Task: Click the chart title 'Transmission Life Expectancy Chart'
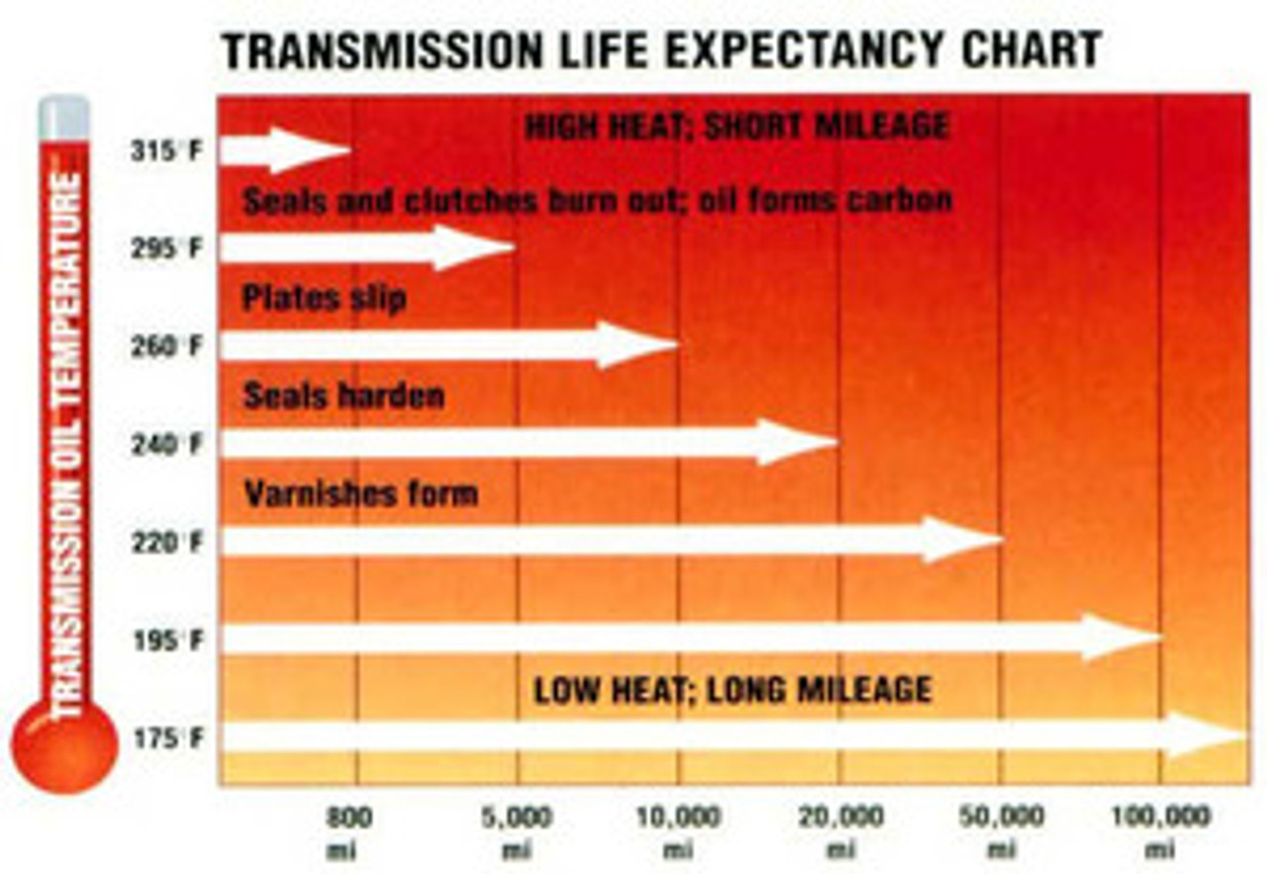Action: click(x=661, y=50)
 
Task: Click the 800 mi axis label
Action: click(x=349, y=831)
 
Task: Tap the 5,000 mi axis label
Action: click(x=516, y=831)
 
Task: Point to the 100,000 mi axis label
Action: click(x=1160, y=831)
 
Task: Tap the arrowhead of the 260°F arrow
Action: click(x=633, y=345)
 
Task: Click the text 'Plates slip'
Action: click(x=325, y=298)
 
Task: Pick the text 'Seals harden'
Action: click(x=343, y=396)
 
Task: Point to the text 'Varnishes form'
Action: click(x=360, y=493)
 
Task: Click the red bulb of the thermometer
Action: click(x=64, y=744)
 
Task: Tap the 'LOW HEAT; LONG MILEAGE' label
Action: click(x=732, y=689)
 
